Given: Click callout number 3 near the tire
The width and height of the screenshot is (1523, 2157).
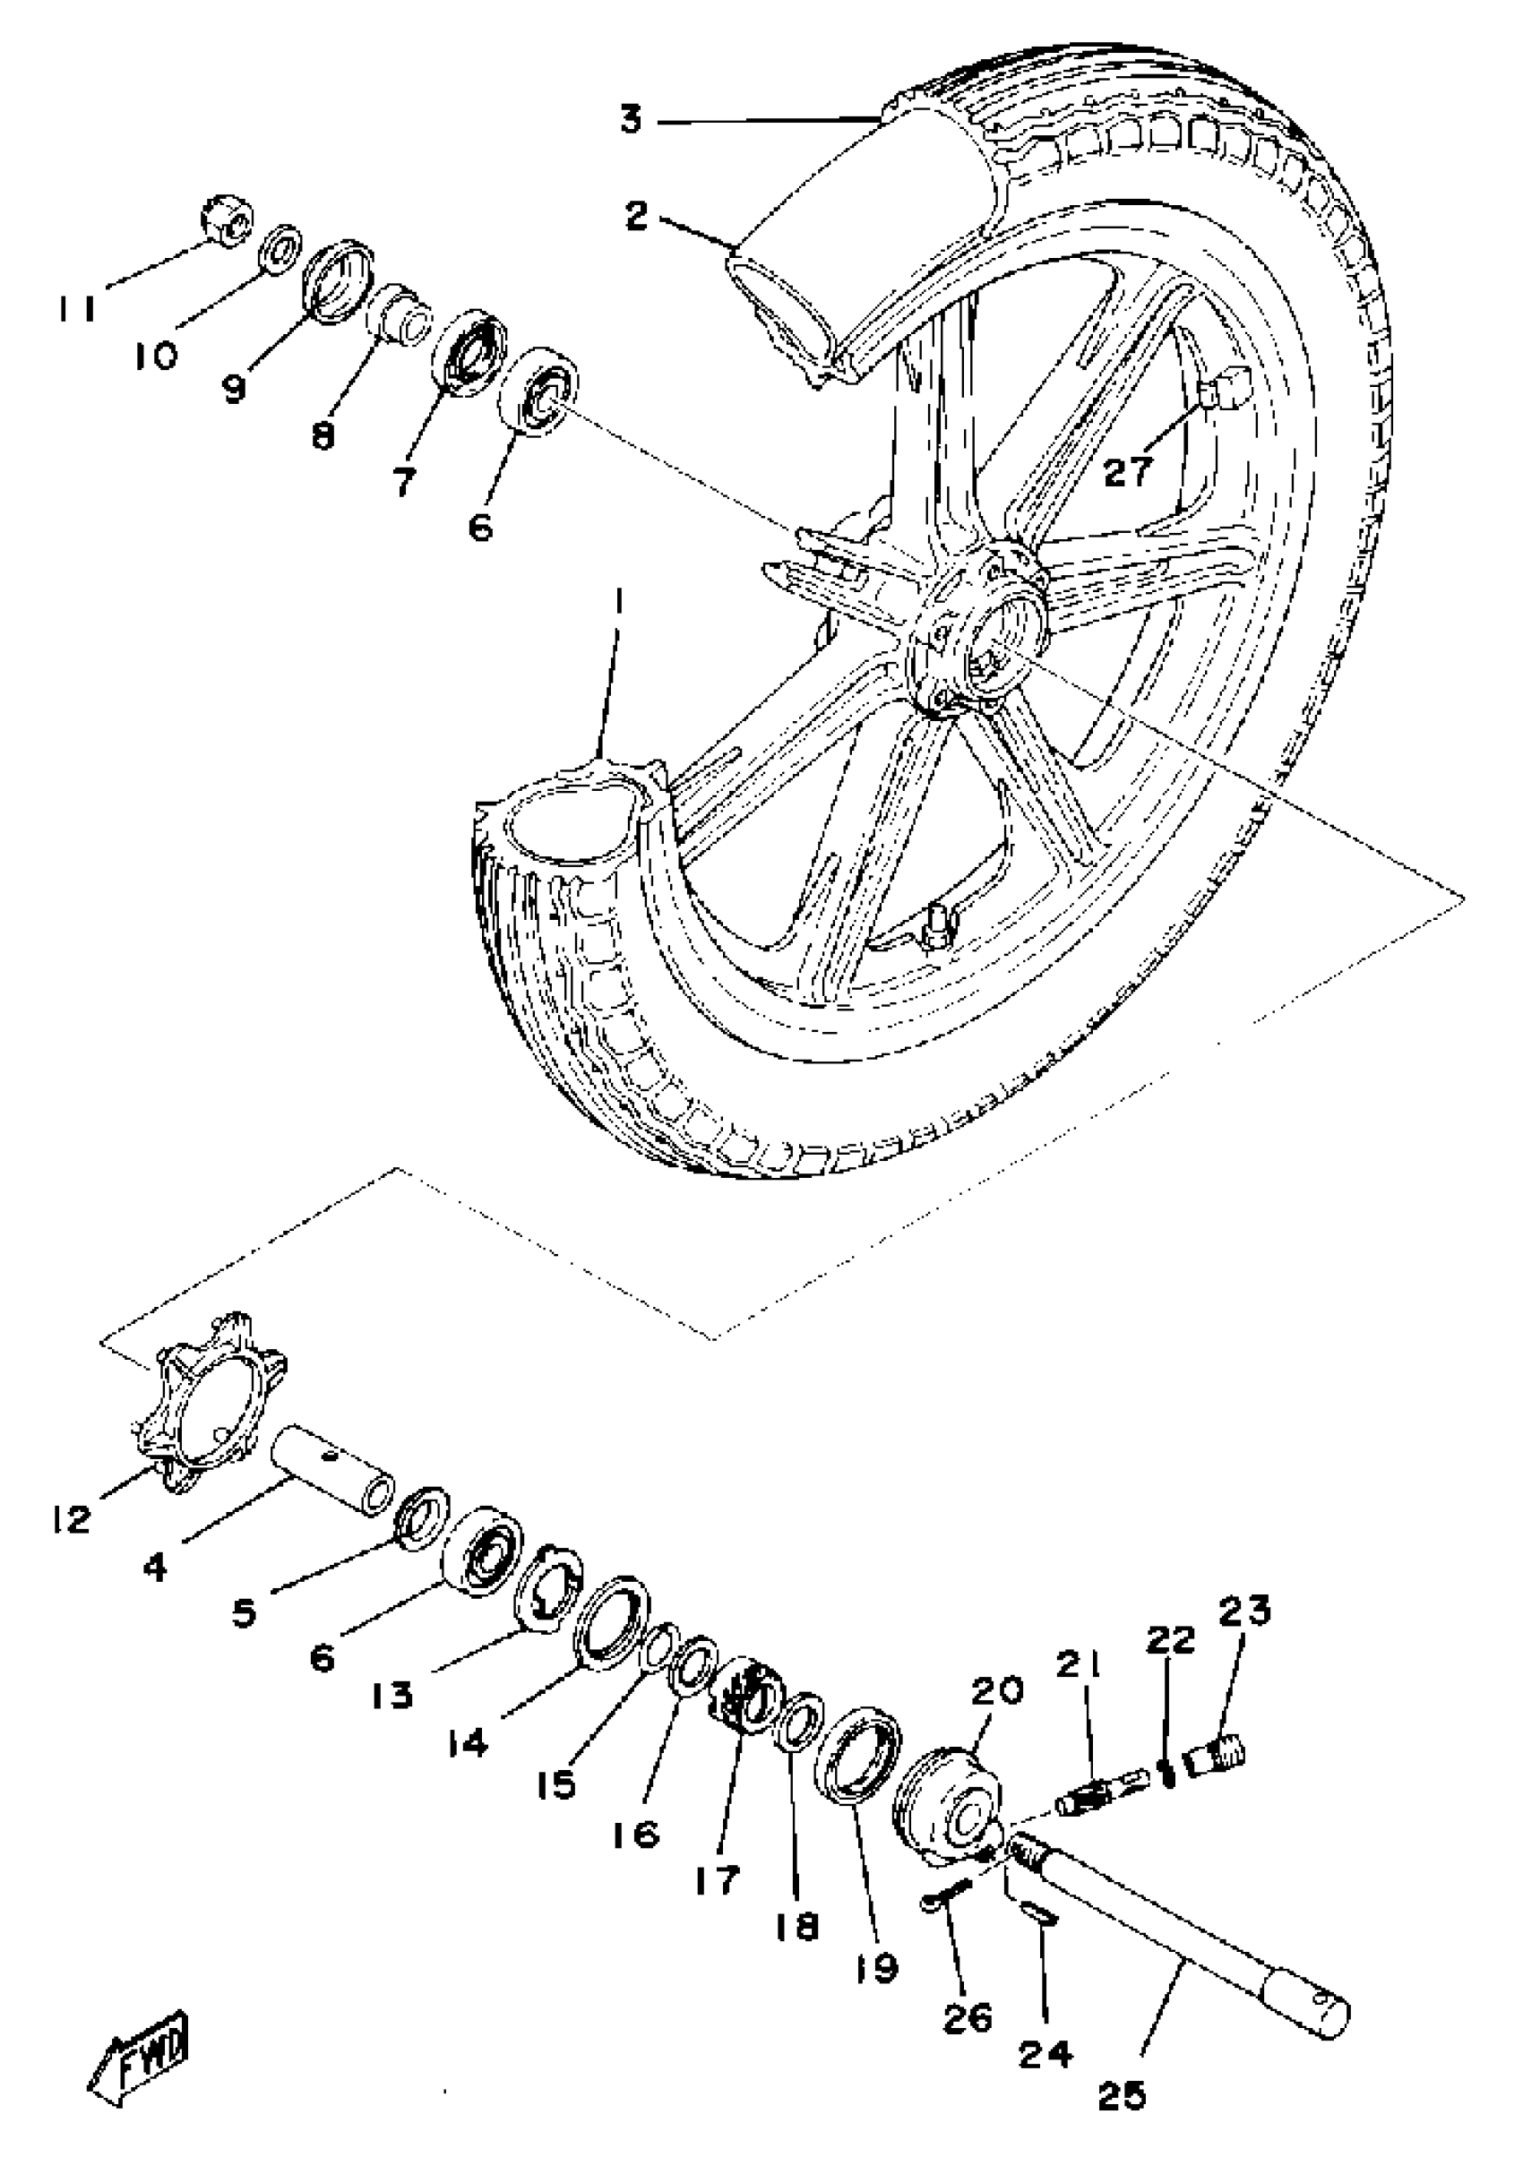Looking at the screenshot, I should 631,120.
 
